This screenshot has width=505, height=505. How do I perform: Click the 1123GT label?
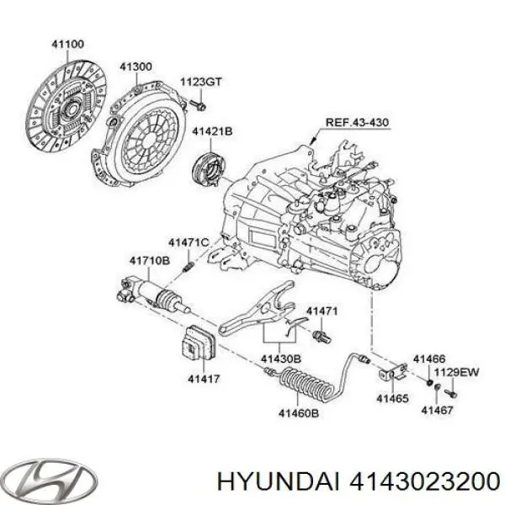[x=201, y=82]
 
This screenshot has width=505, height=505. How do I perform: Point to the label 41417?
[x=202, y=380]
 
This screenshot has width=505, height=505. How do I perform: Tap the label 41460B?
[x=299, y=412]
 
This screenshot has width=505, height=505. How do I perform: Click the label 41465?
[x=392, y=398]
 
